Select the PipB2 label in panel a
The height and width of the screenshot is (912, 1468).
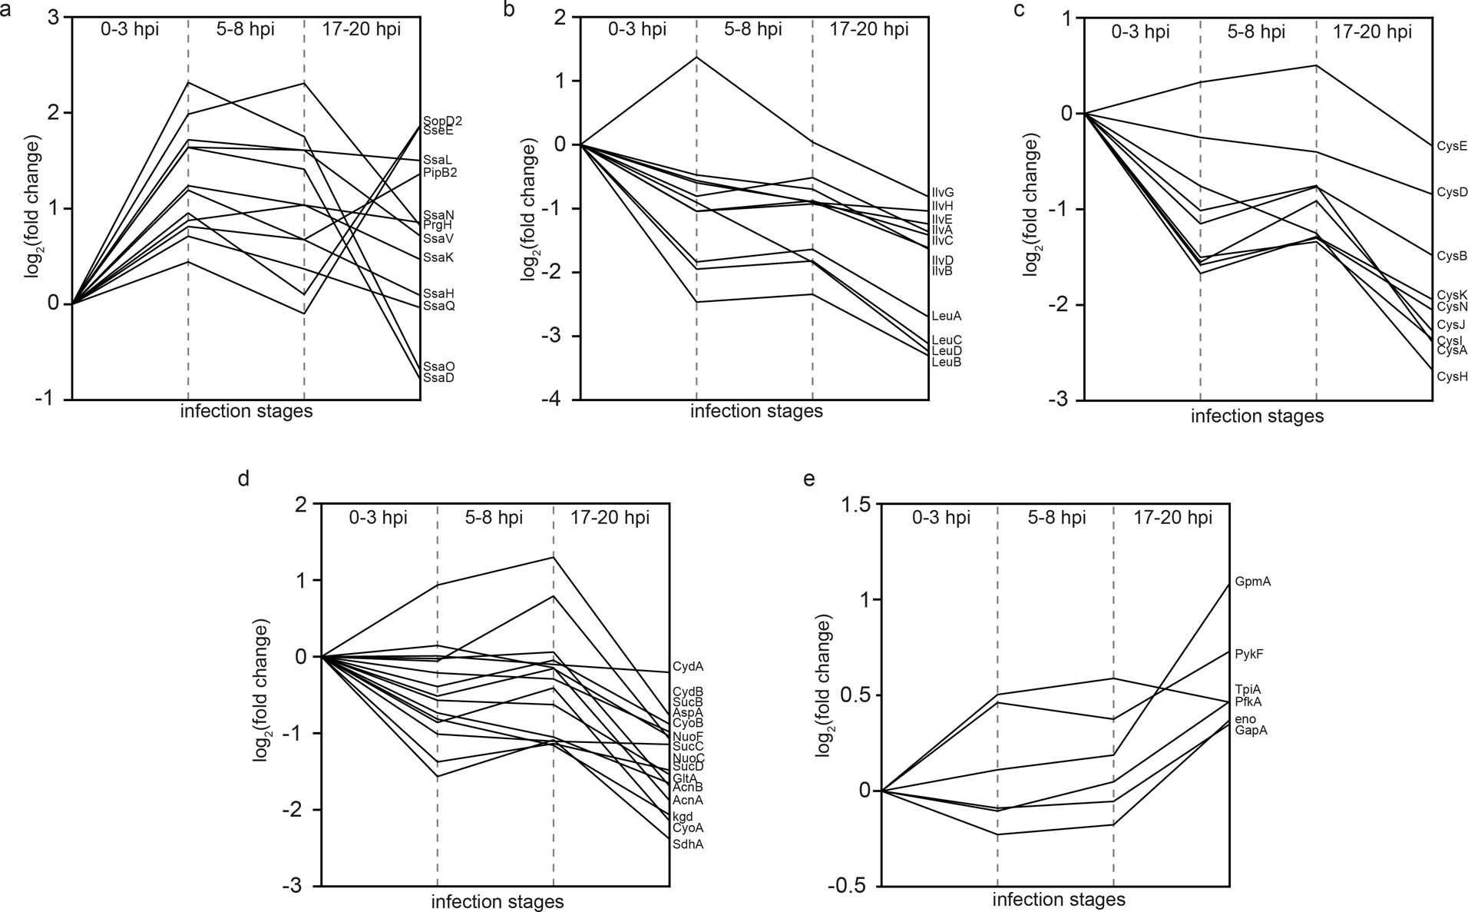coord(440,173)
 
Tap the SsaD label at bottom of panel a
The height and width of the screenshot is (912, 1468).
coord(438,378)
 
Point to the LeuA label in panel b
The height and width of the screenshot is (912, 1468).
coord(946,316)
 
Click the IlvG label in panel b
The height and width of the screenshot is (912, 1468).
coord(943,193)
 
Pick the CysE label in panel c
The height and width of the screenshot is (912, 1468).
coord(1452,145)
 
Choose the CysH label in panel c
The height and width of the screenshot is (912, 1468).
coord(1452,376)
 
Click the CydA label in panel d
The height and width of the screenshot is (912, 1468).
coord(687,667)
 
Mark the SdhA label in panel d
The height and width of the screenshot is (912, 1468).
coord(688,844)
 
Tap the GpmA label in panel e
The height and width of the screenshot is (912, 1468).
coord(1253,582)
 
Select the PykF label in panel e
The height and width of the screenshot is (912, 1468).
coord(1249,655)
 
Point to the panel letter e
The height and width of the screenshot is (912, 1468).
coord(808,479)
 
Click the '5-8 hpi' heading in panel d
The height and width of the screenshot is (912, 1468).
coord(494,518)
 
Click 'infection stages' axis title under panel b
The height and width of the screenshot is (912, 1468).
coord(756,411)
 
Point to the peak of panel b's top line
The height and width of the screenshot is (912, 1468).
coord(696,57)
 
